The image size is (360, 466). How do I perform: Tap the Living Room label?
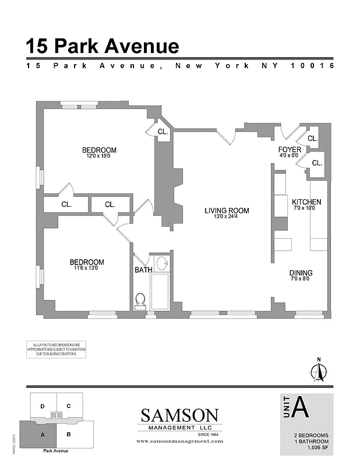click(x=227, y=211)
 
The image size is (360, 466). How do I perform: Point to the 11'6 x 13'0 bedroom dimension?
click(x=87, y=269)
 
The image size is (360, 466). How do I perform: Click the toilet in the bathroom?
click(x=140, y=300)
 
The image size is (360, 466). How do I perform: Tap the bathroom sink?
click(x=163, y=263)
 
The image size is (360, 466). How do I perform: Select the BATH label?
click(x=143, y=270)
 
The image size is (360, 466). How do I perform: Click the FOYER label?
click(x=289, y=150)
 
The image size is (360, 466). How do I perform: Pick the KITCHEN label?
click(x=306, y=202)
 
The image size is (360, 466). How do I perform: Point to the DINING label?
click(x=301, y=273)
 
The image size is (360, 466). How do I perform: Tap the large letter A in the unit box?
click(x=300, y=407)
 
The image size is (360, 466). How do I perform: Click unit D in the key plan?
click(x=43, y=406)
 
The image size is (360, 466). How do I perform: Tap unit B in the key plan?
click(x=68, y=435)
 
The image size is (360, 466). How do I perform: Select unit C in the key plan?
click(x=68, y=406)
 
